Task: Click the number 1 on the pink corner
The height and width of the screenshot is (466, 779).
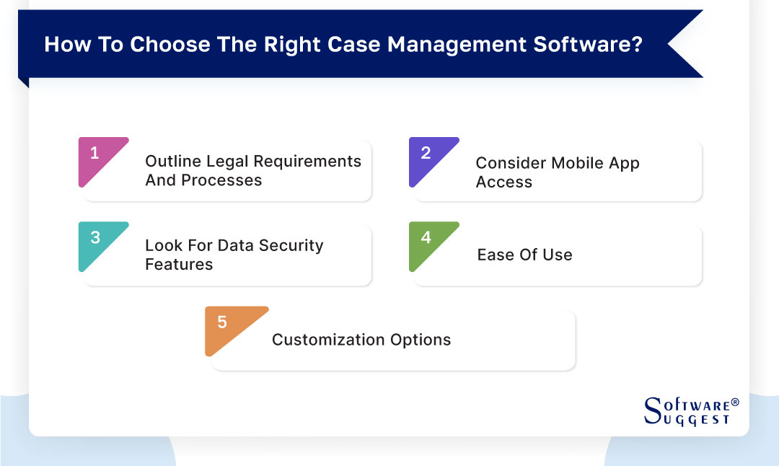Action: [x=94, y=153]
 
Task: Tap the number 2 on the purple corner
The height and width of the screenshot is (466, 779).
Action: [x=426, y=153]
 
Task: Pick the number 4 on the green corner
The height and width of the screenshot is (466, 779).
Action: [x=426, y=237]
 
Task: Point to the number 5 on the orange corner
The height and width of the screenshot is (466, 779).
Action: [x=221, y=322]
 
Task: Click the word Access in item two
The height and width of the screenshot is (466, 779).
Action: [x=503, y=182]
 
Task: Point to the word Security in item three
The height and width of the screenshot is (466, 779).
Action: [x=290, y=246]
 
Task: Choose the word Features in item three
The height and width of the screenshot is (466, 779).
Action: [x=179, y=265]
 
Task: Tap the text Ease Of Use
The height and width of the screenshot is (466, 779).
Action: [x=524, y=255]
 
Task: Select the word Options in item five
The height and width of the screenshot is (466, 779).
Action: [x=421, y=340]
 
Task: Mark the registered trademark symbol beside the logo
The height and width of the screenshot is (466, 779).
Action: [x=735, y=402]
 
